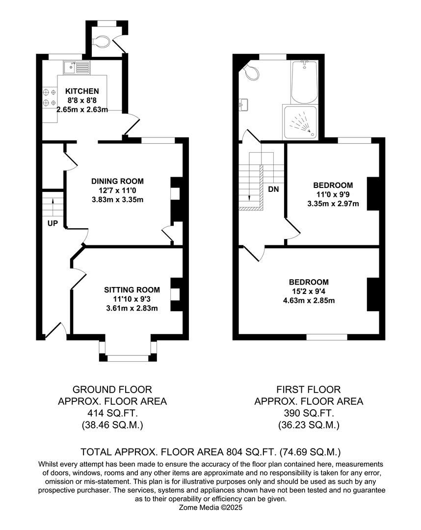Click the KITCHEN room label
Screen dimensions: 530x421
point(82,91)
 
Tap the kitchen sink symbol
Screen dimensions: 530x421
point(77,67)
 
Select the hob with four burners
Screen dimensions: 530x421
point(49,97)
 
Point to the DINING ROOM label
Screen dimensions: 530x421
point(117,181)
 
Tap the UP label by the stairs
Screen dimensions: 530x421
point(52,223)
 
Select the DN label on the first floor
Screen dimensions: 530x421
point(273,189)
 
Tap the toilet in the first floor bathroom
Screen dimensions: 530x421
point(252,73)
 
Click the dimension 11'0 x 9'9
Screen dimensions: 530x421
point(333,194)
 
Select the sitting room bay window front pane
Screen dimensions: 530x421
point(128,358)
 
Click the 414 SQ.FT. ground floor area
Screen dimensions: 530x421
point(112,413)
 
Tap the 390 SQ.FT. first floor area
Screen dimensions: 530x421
point(308,413)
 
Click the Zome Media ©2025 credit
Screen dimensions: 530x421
point(210,508)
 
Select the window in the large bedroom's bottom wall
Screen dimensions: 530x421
point(327,337)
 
